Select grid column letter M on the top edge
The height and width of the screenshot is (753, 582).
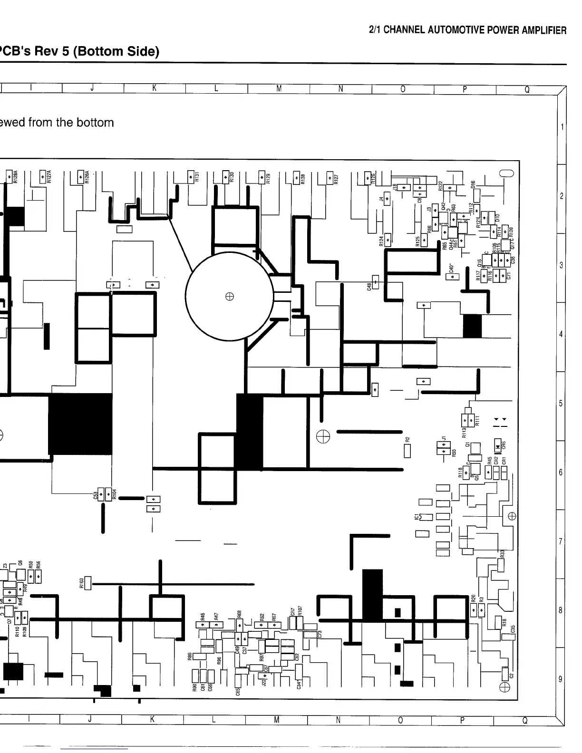coord(279,89)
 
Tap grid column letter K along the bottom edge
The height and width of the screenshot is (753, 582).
coord(152,720)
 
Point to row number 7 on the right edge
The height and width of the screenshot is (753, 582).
coord(561,542)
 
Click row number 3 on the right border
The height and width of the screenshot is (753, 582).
coord(561,265)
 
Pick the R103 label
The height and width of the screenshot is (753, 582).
coord(81,583)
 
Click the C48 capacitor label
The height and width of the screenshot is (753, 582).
coord(369,287)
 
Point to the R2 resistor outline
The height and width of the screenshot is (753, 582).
coord(407,450)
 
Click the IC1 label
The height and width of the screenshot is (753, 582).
coord(416,517)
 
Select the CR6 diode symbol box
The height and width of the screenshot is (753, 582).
coord(497,446)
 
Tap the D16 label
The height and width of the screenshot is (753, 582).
coord(473,184)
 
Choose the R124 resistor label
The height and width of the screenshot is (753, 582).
coord(381,241)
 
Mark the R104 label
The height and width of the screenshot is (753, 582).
coord(115,494)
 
